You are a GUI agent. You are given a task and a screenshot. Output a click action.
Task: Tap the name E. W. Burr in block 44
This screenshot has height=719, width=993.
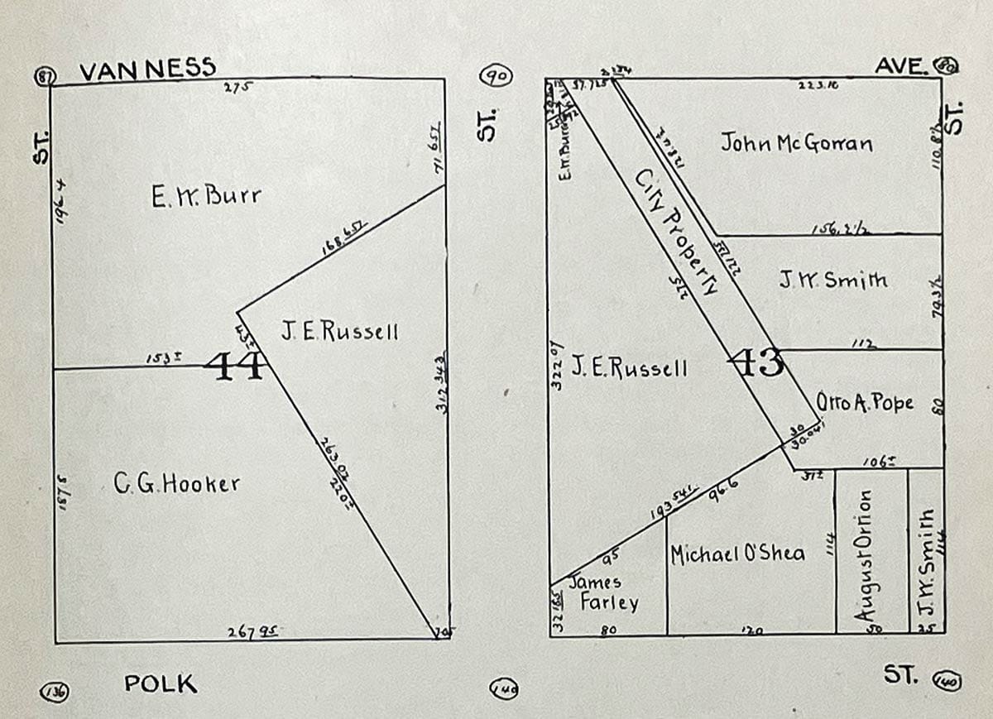coord(206,197)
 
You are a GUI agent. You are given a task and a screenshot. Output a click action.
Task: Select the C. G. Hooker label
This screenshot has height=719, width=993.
coord(176,483)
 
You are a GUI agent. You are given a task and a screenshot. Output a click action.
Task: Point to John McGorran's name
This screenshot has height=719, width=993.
coord(796,143)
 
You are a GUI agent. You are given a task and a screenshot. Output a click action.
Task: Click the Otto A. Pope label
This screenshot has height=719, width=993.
coord(865,403)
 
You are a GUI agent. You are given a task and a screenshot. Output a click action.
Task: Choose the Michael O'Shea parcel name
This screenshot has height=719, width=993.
coord(737,554)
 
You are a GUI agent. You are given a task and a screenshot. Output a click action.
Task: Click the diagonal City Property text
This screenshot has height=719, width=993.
coord(675,235)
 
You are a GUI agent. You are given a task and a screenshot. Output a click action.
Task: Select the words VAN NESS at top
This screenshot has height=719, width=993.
coord(148,68)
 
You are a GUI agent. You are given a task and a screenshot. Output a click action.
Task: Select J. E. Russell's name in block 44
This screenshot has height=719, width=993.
coord(339,333)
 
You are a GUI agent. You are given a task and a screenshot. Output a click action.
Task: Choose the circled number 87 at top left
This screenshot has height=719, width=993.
coord(46,75)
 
